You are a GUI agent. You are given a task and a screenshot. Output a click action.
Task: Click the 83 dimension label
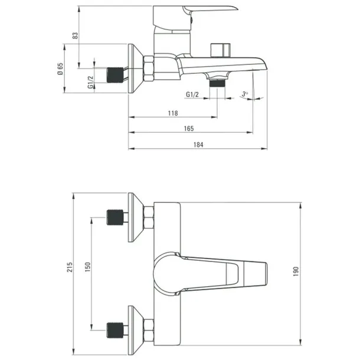pos(76,35)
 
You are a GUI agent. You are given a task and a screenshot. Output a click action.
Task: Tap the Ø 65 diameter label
pos(60,69)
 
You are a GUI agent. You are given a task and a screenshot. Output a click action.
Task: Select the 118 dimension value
pos(173,113)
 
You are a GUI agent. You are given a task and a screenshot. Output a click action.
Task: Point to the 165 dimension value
pos(189,129)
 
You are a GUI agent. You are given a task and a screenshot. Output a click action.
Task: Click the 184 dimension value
pos(198,145)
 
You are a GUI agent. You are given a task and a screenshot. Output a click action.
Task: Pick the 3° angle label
pos(245,94)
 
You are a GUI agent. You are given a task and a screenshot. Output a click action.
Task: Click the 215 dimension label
pos(70,267)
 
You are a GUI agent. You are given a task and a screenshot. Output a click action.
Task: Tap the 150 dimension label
pos(88,267)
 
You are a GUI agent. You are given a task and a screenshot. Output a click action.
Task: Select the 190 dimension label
pos(296,271)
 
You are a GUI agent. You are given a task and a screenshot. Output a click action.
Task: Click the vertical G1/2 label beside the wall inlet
pos(91,82)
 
